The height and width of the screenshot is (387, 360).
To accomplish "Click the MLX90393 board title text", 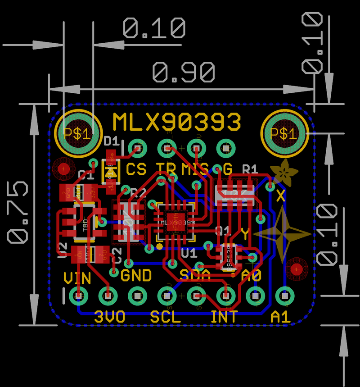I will tap(176, 122).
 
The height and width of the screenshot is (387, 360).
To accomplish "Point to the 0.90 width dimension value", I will tap(183, 72).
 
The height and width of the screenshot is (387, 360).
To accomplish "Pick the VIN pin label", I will tap(77, 278).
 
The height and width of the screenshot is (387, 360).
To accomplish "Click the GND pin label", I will tap(136, 275).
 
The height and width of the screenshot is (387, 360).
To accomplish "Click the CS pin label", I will tap(136, 169).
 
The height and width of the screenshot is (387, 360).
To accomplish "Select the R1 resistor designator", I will tap(250, 169).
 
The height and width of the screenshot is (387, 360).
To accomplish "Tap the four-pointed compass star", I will tap(282, 234).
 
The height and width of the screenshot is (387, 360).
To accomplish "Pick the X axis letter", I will tap(281, 196).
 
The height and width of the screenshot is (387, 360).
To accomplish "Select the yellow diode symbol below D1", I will tap(110, 172).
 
